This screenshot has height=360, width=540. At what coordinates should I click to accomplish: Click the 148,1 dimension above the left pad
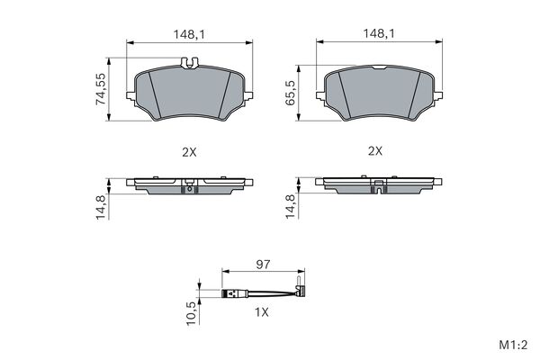pyautogui.click(x=189, y=34)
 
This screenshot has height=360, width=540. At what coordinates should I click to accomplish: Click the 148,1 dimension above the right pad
pyautogui.click(x=379, y=33)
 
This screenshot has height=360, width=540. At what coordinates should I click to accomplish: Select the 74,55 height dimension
pyautogui.click(x=101, y=89)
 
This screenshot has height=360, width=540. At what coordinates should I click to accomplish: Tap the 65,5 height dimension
pyautogui.click(x=291, y=93)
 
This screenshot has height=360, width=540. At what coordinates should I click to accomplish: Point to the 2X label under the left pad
pyautogui.click(x=189, y=152)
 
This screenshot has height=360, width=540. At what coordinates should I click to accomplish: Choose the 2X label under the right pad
pyautogui.click(x=375, y=151)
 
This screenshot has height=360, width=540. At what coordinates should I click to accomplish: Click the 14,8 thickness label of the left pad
pyautogui.click(x=102, y=207)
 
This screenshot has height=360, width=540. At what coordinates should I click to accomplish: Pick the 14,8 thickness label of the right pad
pyautogui.click(x=291, y=206)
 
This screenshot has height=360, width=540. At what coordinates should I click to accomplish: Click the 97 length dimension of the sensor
pyautogui.click(x=263, y=265)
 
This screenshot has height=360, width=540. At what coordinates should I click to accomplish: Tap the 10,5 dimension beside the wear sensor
pyautogui.click(x=192, y=313)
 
